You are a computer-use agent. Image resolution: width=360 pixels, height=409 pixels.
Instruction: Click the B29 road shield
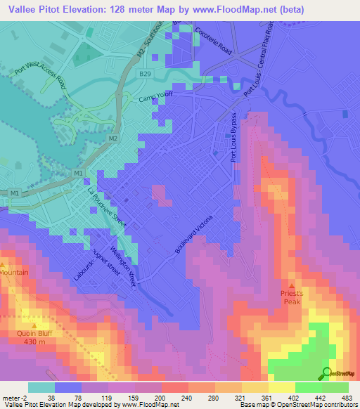click(145, 73)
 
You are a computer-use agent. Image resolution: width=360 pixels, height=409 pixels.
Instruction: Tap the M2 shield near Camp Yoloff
click(112, 138)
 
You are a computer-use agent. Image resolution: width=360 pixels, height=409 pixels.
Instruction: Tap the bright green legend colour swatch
click(309, 387)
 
